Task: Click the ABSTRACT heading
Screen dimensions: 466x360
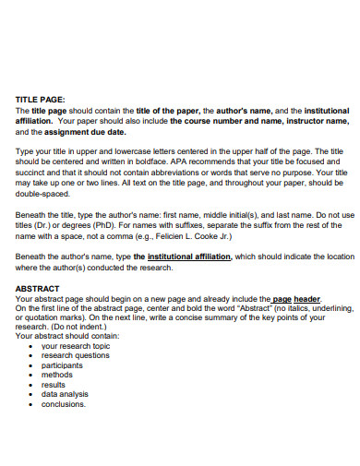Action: coord(38,288)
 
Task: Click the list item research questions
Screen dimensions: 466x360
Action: coord(76,355)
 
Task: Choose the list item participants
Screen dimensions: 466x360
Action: coord(63,365)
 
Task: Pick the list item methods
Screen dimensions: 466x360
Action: coord(57,375)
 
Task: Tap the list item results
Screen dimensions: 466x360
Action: coord(54,385)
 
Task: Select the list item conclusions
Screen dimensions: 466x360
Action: coord(64,404)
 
